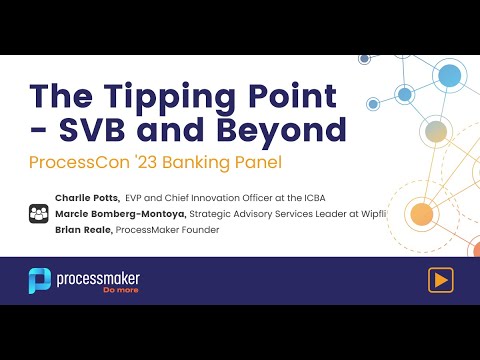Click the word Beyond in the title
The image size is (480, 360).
click(288, 131)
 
